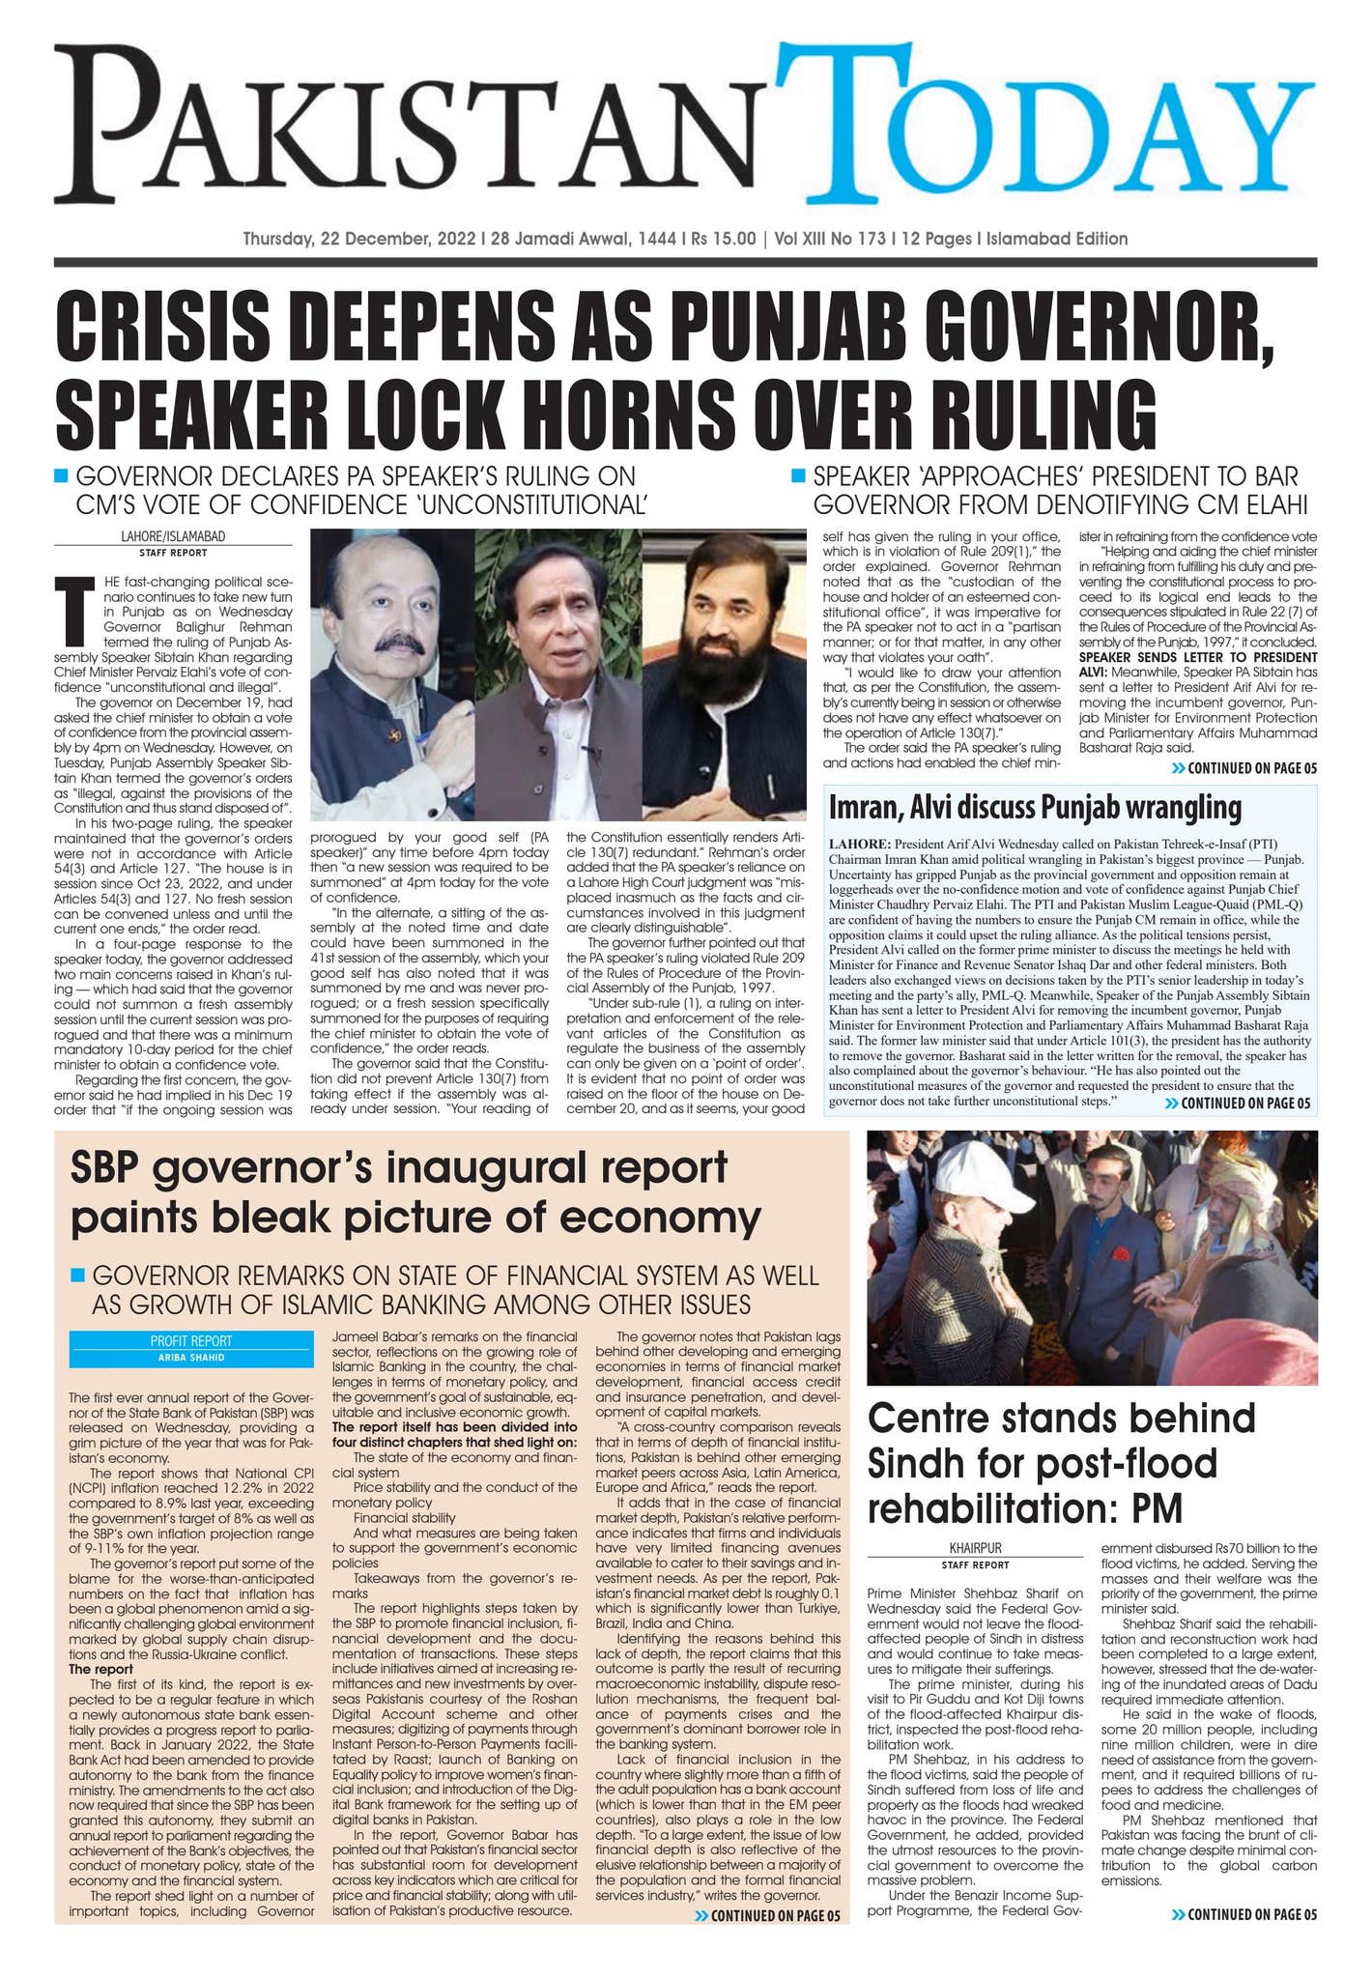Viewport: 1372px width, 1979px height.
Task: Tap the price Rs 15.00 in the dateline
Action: [713, 239]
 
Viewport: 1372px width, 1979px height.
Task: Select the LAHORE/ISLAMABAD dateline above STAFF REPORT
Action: [172, 535]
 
